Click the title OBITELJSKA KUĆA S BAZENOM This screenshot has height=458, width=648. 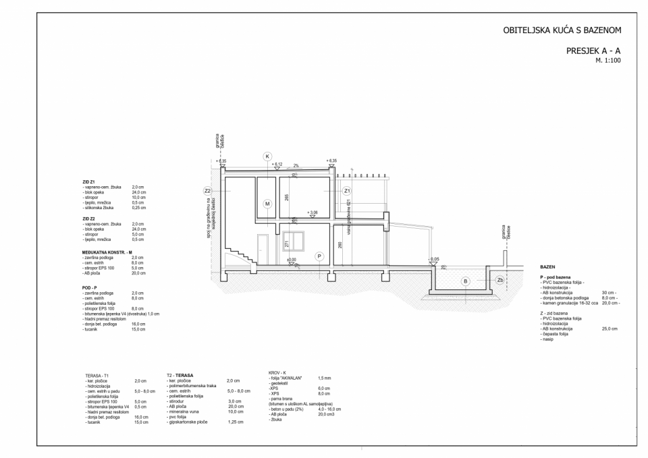pos(562,30)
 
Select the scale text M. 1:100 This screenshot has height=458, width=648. pos(608,61)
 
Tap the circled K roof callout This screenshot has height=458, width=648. pos(267,156)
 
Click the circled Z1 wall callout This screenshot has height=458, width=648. pos(346,191)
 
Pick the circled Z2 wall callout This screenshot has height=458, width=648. pos(207,191)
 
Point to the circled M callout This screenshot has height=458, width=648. pos(267,203)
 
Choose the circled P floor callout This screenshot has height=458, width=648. pos(319,256)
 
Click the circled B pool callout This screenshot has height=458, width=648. pos(464,281)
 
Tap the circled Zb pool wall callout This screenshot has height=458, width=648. pos(500,280)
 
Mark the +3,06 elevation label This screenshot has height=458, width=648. pos(312,212)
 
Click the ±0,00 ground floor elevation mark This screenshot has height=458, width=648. pos(292,260)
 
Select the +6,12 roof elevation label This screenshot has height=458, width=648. pos(277,164)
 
